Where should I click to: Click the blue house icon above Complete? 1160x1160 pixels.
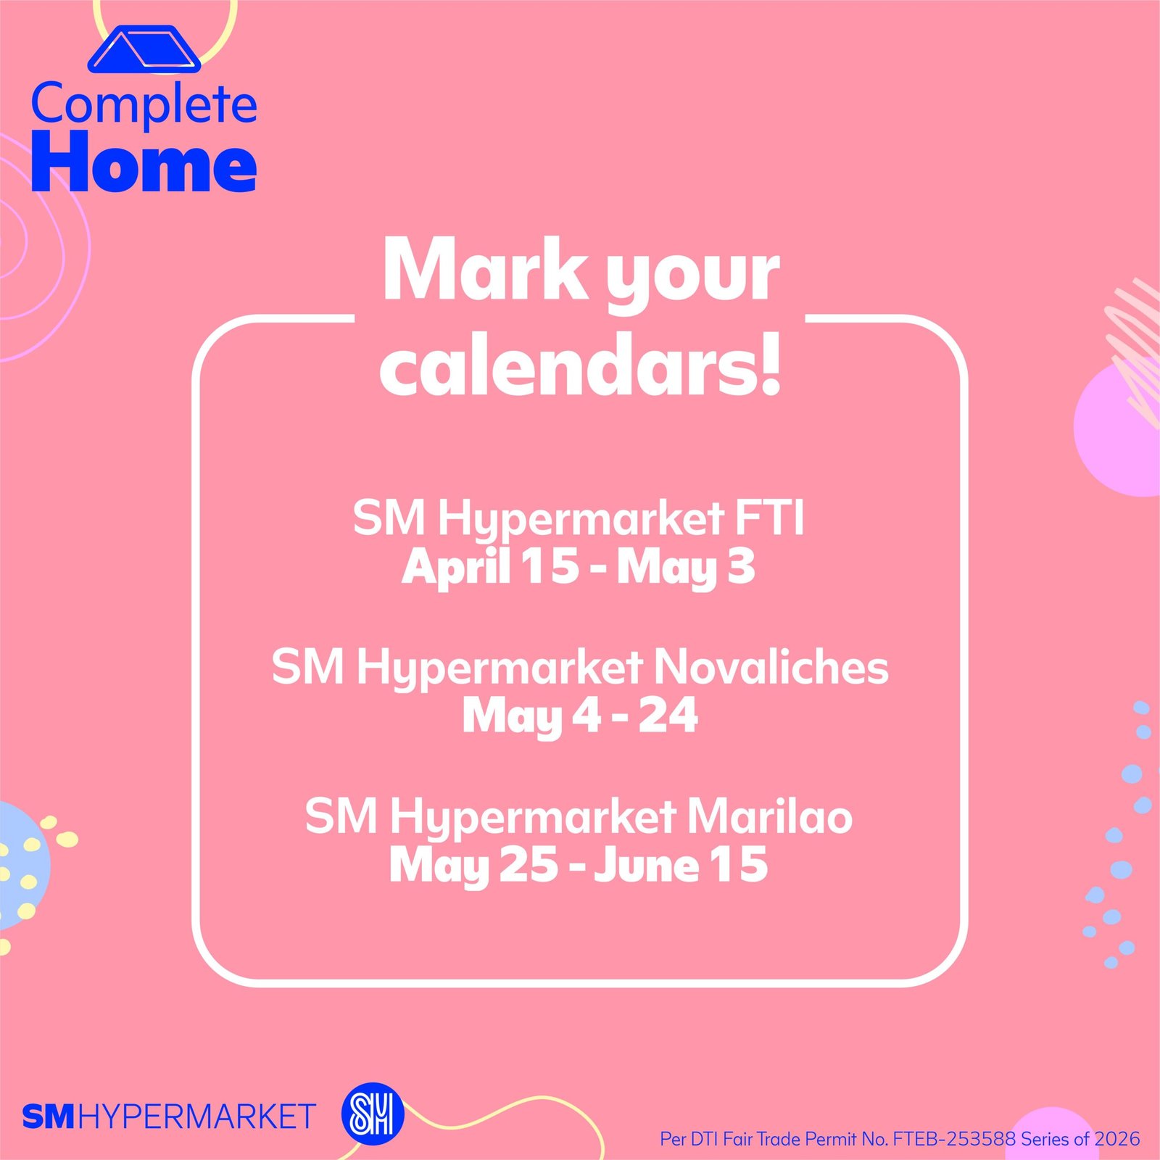[x=144, y=49]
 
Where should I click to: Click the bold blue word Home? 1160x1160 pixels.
[x=144, y=162]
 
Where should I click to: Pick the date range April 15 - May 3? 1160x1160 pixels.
[x=579, y=566]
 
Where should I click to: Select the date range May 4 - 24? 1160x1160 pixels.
[x=580, y=716]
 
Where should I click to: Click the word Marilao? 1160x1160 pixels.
[x=770, y=816]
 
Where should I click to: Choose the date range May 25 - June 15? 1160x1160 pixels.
[x=579, y=866]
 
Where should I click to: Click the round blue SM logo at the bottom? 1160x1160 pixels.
[x=373, y=1114]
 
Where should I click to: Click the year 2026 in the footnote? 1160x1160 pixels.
[x=1117, y=1139]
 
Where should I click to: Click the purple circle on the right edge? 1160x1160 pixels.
[x=1120, y=429]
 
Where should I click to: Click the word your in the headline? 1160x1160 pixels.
[x=693, y=275]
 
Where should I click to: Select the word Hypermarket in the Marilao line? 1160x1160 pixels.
[x=534, y=819]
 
